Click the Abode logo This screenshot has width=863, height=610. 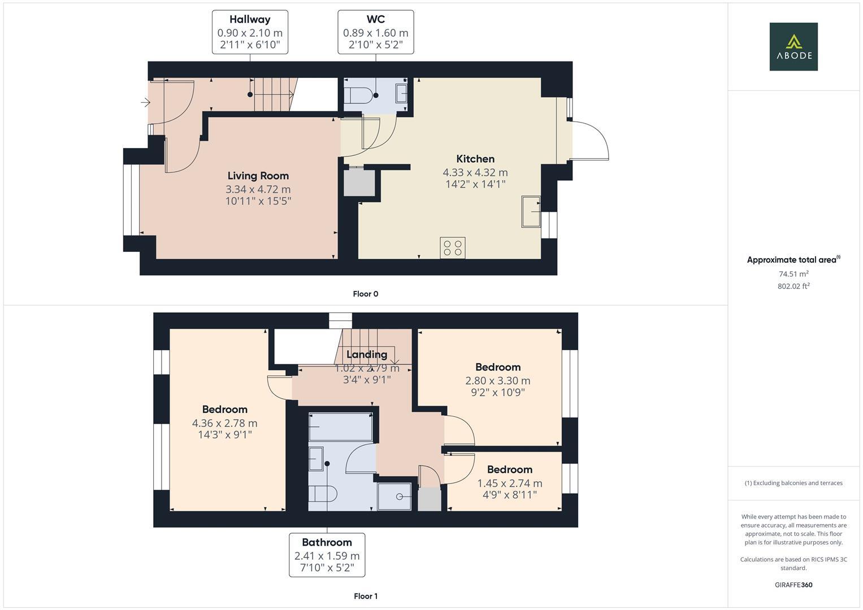pos(793,46)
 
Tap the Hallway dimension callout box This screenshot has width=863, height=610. pos(250,32)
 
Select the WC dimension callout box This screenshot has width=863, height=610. pos(375,32)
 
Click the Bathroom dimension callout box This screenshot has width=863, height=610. pos(327,555)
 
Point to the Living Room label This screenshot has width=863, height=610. pos(258,176)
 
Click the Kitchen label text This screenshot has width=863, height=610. pos(475,159)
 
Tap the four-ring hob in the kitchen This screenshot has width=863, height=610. pos(453,248)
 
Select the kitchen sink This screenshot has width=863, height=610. pos(531,211)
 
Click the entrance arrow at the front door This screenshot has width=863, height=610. pos(146,102)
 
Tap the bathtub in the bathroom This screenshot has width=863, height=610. pos(340,427)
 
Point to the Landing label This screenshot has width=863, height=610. pos(367,354)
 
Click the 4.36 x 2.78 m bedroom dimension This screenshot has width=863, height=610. pos(224,423)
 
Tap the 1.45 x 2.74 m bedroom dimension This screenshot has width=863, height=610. pos(509,483)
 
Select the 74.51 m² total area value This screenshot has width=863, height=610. pos(793,274)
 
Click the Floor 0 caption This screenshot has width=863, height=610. pos(365,294)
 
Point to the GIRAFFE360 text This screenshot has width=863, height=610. pos(793,585)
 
